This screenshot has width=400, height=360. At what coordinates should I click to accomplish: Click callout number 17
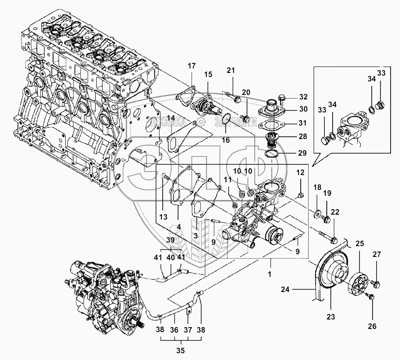coord(192,66)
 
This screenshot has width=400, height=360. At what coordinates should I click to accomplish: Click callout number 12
coord(301,173)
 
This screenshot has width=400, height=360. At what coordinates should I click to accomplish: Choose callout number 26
coord(373,326)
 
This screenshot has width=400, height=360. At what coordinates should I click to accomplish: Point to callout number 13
coord(163,217)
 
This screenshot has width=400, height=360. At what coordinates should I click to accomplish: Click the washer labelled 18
coord(318,213)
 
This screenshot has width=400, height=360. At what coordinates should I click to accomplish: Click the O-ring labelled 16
coord(226,120)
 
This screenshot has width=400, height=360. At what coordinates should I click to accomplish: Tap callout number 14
coord(171,118)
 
